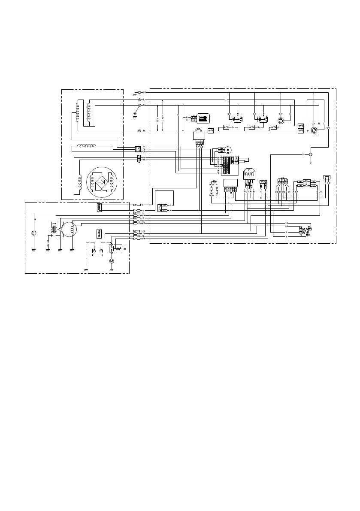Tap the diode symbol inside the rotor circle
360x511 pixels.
102,182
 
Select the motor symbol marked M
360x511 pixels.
112,260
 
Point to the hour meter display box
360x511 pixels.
202,118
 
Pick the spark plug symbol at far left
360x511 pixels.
34,234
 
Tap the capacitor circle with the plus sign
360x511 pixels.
229,149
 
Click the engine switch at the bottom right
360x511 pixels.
305,230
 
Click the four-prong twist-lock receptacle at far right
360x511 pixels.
315,129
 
